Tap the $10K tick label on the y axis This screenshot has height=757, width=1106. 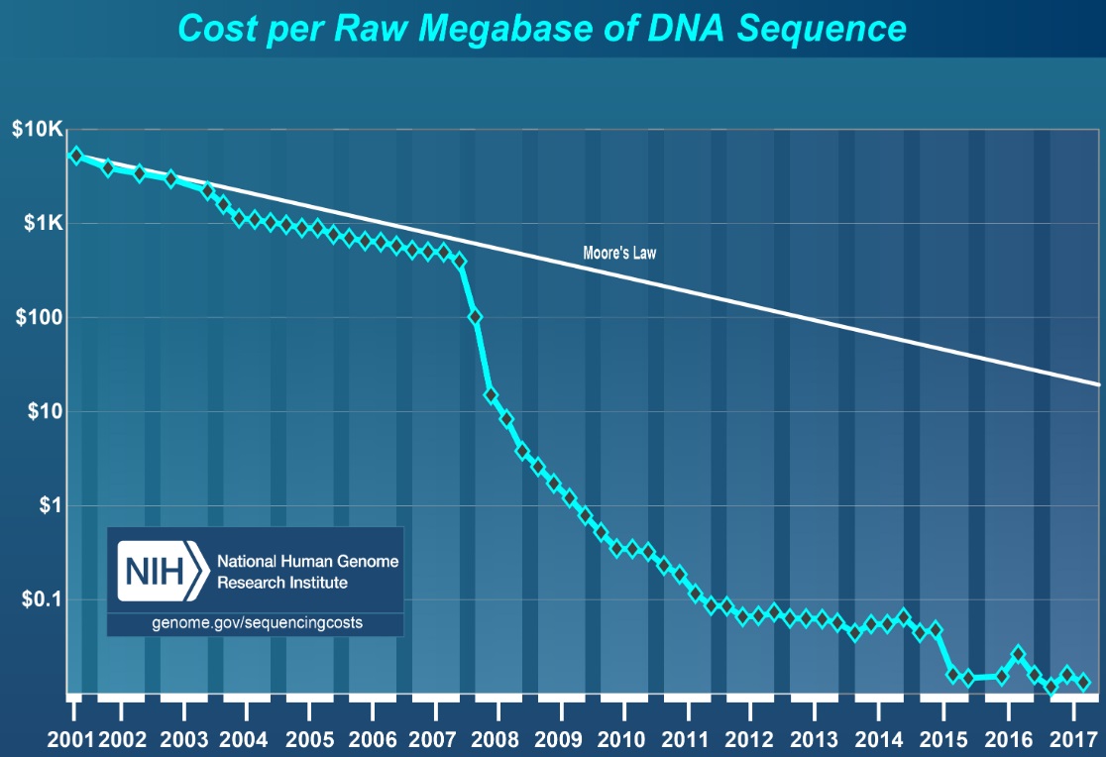click(x=37, y=131)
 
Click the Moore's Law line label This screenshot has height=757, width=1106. click(x=619, y=254)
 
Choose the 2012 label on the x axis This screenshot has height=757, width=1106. click(x=749, y=739)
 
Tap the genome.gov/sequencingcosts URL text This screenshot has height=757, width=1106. click(x=257, y=623)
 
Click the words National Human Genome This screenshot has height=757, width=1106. click(x=307, y=562)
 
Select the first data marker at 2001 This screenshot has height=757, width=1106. click(x=75, y=156)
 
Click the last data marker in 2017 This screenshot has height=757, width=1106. click(x=1083, y=682)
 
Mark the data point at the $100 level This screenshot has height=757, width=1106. click(x=476, y=317)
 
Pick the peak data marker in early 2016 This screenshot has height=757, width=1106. click(x=1018, y=655)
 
